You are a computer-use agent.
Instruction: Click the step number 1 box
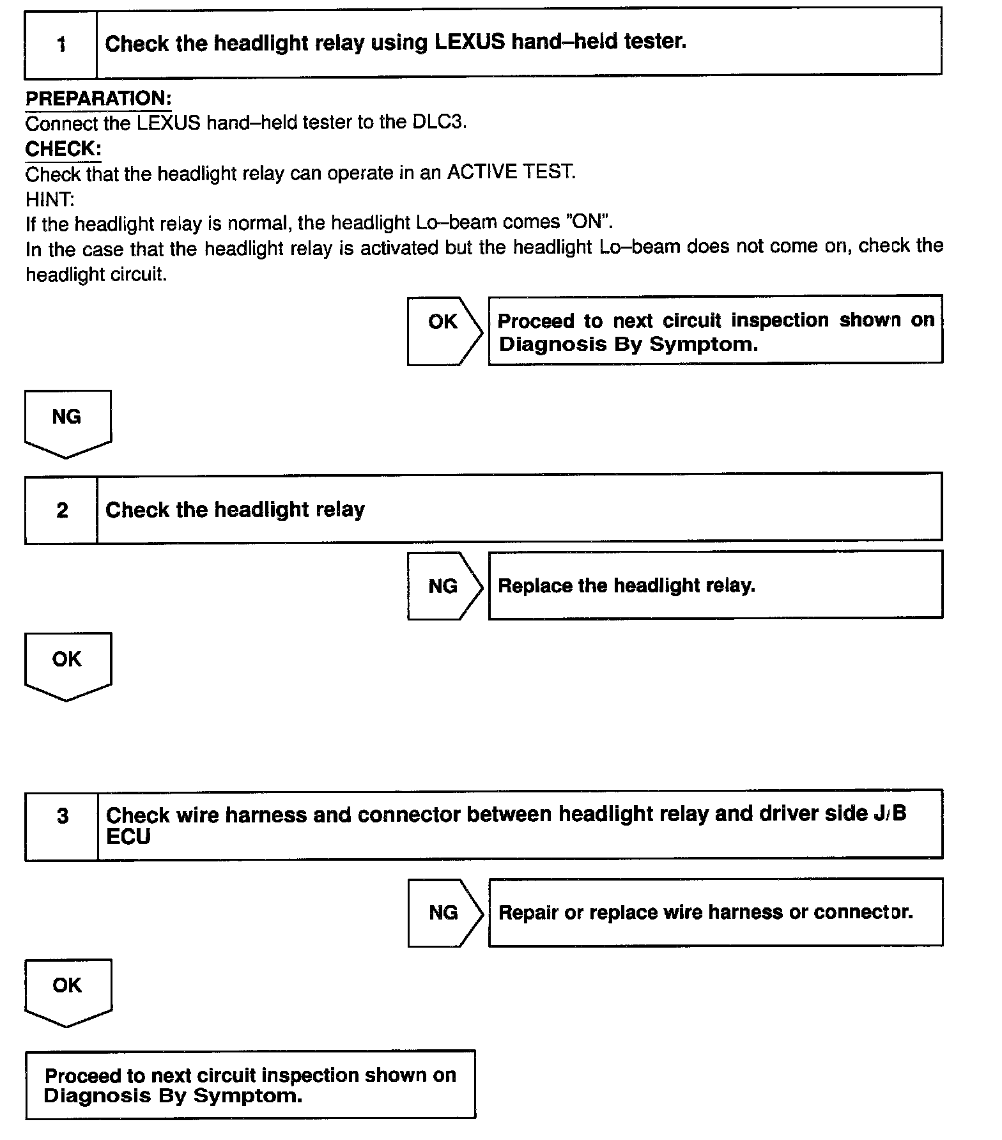tap(61, 43)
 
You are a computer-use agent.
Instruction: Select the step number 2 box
tap(62, 509)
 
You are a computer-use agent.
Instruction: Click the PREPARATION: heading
tap(98, 98)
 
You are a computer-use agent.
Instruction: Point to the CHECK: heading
tap(63, 148)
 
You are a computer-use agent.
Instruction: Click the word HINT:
tap(50, 199)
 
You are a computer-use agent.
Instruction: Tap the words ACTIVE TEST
tap(511, 172)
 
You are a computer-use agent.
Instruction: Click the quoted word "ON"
tap(594, 222)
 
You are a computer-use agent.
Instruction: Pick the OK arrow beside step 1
tap(444, 331)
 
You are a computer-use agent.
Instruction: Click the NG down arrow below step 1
tap(67, 422)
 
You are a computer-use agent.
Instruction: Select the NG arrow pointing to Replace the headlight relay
tap(444, 585)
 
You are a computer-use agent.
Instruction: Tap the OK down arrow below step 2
tap(67, 665)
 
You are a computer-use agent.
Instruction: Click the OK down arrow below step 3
tap(68, 991)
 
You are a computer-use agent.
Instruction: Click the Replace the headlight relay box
tap(715, 585)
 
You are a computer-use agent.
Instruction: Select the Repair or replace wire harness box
tap(715, 912)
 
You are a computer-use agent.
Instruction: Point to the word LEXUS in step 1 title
tap(470, 42)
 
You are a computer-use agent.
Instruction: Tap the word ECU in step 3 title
tap(128, 836)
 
